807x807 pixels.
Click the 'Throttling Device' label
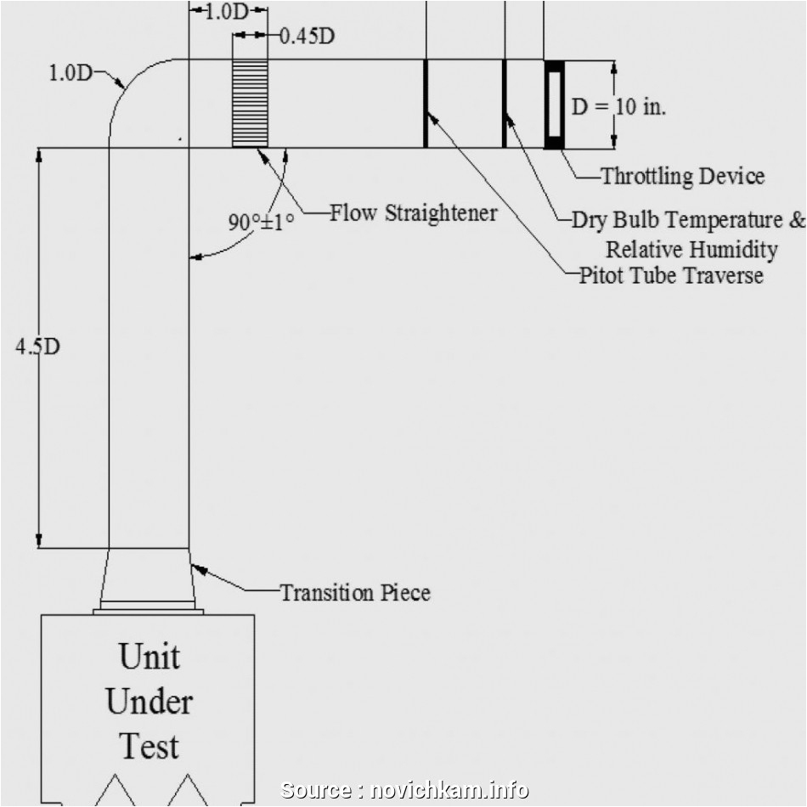[x=682, y=177]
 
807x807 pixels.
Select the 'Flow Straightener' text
[x=413, y=212]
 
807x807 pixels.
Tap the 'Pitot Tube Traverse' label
[x=670, y=276]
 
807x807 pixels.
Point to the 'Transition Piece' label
[x=355, y=592]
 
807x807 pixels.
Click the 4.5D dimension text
[x=37, y=347]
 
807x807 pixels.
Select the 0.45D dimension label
[x=307, y=37]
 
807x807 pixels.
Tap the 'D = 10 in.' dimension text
[x=618, y=107]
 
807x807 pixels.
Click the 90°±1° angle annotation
[x=260, y=223]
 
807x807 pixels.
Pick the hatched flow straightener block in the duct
[x=250, y=104]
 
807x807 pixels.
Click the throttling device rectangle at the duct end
[x=554, y=104]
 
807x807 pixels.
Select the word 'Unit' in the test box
[x=149, y=657]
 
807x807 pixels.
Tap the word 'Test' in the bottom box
[x=149, y=746]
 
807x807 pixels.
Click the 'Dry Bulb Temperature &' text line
[x=687, y=220]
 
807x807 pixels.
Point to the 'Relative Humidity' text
[x=691, y=250]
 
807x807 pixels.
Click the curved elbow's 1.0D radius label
[x=69, y=73]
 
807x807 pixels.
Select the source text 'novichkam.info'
[x=451, y=790]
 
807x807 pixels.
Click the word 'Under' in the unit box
[x=149, y=702]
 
